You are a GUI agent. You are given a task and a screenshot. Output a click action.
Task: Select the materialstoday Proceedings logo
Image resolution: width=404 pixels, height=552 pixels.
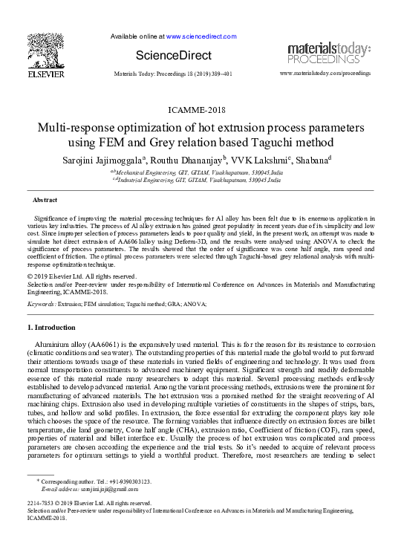(329, 53)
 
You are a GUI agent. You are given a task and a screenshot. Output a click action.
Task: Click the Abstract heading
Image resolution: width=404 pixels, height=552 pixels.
(45, 201)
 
